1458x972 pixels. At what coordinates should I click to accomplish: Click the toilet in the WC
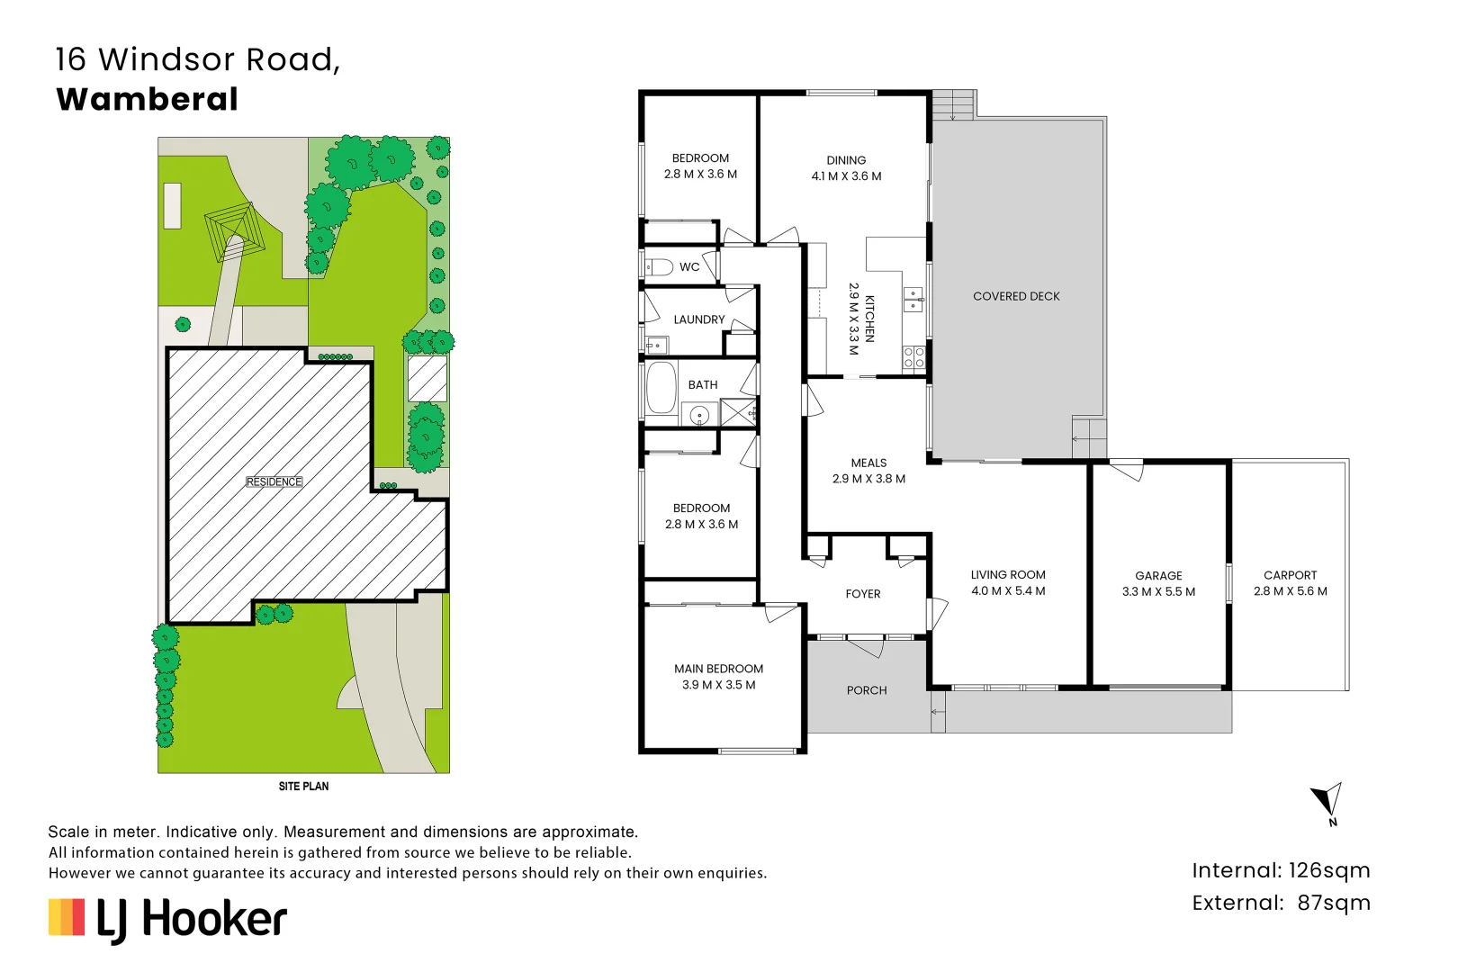(x=659, y=267)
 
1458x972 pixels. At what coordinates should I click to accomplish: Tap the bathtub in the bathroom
(x=661, y=387)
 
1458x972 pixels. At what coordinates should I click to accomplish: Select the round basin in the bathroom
(x=699, y=415)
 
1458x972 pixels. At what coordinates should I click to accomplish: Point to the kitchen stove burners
(x=913, y=357)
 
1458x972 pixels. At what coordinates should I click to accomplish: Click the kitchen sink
(x=913, y=299)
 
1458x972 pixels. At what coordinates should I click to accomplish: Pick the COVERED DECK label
(x=1016, y=296)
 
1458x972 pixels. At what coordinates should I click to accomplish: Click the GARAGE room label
(x=1158, y=575)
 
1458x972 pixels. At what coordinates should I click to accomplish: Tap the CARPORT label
(x=1290, y=575)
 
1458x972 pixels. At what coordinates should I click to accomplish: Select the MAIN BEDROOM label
(x=718, y=669)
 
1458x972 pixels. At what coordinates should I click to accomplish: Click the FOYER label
(x=863, y=594)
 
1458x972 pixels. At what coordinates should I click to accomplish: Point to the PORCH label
(x=867, y=690)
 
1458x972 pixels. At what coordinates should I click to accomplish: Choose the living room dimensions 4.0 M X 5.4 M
(x=1008, y=591)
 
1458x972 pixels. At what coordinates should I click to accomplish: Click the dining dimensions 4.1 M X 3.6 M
(x=846, y=175)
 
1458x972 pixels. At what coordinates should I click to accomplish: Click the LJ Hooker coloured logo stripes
(x=67, y=917)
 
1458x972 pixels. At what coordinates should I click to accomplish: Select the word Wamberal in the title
(x=147, y=100)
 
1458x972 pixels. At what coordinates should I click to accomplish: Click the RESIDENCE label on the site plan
(x=274, y=481)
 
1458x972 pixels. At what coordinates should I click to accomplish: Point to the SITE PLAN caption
(x=303, y=787)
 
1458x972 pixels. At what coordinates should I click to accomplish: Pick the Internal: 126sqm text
(x=1281, y=870)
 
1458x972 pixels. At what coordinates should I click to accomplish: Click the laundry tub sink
(x=656, y=345)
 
